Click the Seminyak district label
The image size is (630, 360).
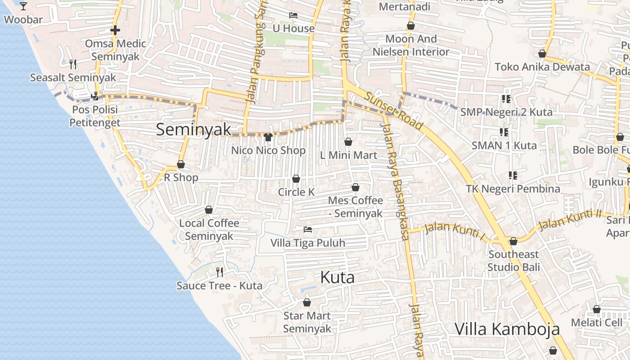(193, 130)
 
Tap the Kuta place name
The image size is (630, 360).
(337, 278)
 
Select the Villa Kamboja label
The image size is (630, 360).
(507, 329)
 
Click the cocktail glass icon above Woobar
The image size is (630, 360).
(23, 6)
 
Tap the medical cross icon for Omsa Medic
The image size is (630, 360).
(115, 30)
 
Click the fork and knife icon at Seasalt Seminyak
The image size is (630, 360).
(73, 64)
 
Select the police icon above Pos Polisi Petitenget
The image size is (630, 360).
(95, 96)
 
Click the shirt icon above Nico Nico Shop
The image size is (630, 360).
(268, 137)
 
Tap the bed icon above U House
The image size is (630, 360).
(293, 15)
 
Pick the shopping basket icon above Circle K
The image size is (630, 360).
(296, 179)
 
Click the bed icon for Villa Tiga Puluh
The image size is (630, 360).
(308, 229)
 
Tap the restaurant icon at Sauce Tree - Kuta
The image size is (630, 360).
(220, 272)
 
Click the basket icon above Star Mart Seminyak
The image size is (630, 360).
(307, 302)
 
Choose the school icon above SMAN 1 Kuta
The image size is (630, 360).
(504, 132)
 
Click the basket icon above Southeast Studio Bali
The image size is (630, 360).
(513, 242)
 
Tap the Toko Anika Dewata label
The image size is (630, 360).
(542, 67)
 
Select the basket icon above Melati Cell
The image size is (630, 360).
(597, 310)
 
